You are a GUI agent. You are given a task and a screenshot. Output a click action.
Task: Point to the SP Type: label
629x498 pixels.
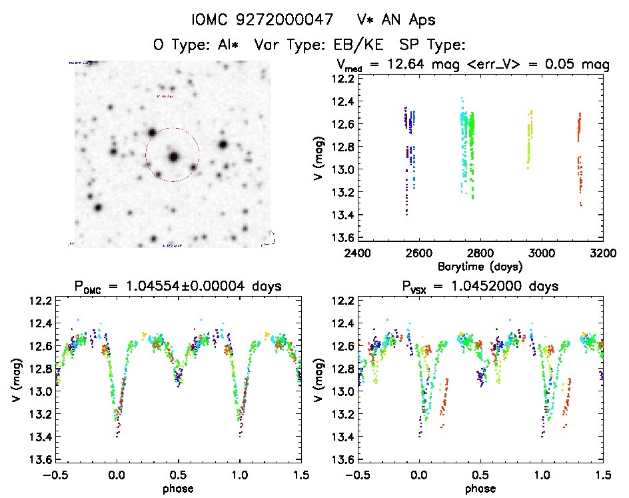[431, 45]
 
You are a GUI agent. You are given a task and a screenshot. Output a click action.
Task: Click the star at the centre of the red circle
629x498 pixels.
[174, 156]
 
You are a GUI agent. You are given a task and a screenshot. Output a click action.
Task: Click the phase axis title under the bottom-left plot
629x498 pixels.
[177, 488]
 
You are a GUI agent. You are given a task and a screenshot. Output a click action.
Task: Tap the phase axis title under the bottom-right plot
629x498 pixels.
[480, 488]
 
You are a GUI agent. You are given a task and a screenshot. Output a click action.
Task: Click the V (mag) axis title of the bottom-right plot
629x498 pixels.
[322, 380]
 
